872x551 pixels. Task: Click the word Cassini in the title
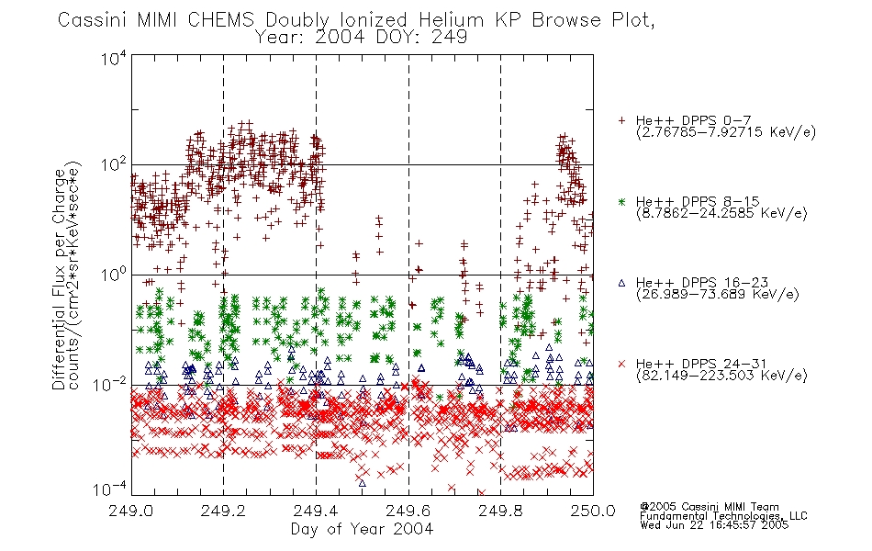tap(93, 20)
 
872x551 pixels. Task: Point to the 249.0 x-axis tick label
tap(130, 511)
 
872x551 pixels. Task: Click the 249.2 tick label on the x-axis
tap(223, 511)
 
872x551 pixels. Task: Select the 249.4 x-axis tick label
tap(316, 511)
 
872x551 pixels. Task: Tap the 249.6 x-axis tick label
tap(408, 511)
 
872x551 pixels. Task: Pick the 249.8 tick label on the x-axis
tap(500, 511)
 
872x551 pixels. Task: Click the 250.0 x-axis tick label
tap(593, 511)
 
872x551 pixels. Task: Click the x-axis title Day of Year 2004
tap(362, 529)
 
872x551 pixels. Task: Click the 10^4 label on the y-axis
tap(114, 58)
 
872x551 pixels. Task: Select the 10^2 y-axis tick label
tap(114, 164)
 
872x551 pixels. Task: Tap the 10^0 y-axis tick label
tap(114, 275)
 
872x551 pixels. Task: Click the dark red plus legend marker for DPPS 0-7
tap(621, 120)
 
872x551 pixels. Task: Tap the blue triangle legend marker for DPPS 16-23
tap(621, 283)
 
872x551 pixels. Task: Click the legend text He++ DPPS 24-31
tap(701, 364)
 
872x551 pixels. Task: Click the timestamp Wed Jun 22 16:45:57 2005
tap(714, 525)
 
